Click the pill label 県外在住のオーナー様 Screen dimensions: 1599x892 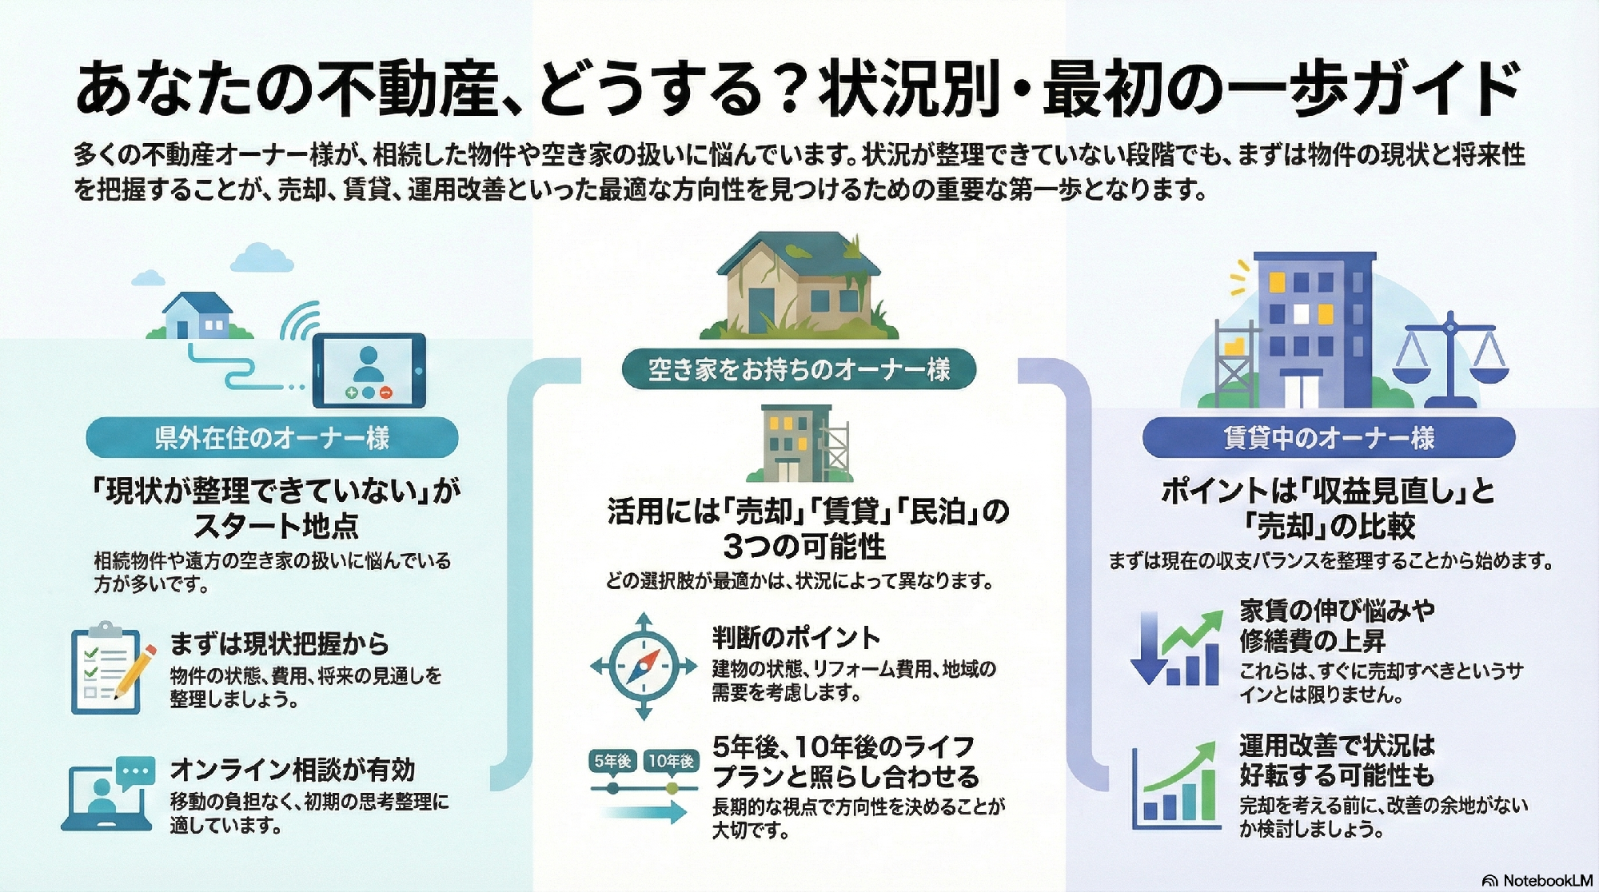[272, 438]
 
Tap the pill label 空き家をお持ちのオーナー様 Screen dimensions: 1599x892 [799, 369]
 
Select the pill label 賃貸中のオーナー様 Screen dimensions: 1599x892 [1329, 438]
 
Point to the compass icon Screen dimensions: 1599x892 [644, 666]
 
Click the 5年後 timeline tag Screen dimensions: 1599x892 [612, 762]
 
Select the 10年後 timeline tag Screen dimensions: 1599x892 [671, 762]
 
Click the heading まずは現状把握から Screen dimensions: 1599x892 [279, 643]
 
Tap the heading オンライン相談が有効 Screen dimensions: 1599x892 [293, 770]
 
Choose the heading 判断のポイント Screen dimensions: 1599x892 [796, 637]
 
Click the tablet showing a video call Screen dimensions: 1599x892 [369, 371]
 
